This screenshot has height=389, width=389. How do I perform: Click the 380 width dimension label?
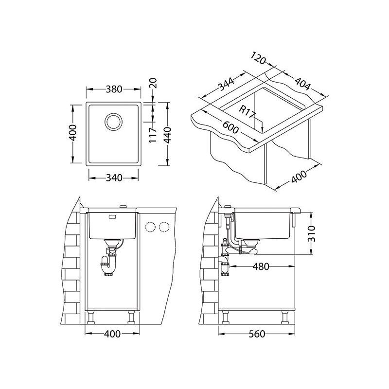(x=114, y=89)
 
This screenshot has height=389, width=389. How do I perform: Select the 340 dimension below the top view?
(x=114, y=177)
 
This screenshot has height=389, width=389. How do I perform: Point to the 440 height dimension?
(x=168, y=135)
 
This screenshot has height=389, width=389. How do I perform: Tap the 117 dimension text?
(x=153, y=135)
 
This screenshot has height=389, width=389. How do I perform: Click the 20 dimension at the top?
(x=153, y=83)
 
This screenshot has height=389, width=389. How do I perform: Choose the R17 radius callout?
(x=247, y=112)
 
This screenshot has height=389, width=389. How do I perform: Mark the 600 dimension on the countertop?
(x=230, y=127)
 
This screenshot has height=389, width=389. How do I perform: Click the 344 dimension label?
(x=226, y=84)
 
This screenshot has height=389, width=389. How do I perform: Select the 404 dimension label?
(x=302, y=83)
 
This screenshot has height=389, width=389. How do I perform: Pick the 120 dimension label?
(x=258, y=58)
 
